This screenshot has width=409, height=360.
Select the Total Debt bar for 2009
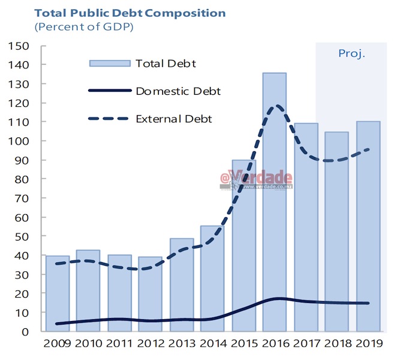58,293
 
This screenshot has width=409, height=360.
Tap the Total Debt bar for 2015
243,245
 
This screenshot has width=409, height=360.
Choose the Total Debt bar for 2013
181,284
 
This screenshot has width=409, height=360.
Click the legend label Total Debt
166,64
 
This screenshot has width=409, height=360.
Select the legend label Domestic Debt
178,91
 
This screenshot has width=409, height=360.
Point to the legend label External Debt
174,119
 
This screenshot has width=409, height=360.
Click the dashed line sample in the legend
109,119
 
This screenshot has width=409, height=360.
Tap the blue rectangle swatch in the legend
109,64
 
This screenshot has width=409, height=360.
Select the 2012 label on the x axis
150,345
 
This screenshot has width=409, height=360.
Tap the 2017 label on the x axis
305,345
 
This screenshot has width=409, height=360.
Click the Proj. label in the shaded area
351,53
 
